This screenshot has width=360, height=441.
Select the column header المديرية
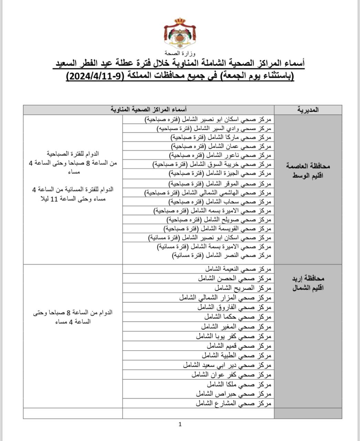pos(308,110)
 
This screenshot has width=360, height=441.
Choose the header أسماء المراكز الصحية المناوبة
pos(149,110)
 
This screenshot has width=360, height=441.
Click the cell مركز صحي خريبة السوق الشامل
pos(212,164)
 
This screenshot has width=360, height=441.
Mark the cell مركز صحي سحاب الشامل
pos(220,202)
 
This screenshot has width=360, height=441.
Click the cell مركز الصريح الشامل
pos(243,288)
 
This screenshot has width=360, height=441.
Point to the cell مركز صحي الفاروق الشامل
pos(234,307)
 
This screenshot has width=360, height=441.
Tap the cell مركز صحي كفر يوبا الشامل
pos(234,336)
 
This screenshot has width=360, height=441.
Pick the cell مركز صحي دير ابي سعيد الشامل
pos(227,365)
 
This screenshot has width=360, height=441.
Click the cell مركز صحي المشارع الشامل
pos(234,403)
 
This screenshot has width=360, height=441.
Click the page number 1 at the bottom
pos(180,424)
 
